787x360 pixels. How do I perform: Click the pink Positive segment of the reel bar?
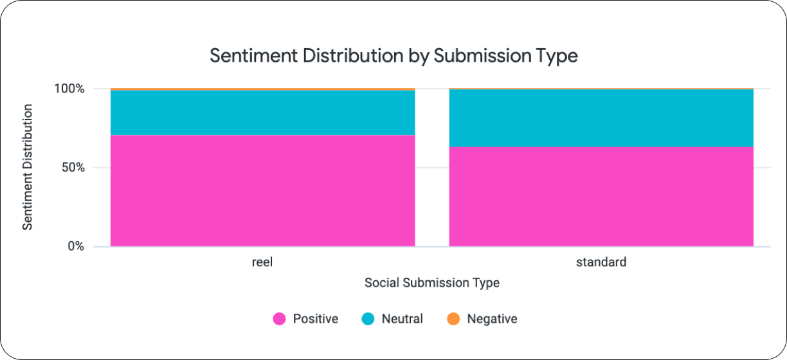tap(262, 190)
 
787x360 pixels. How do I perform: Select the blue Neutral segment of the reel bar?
tap(262, 113)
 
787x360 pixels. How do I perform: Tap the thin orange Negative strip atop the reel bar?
tap(262, 89)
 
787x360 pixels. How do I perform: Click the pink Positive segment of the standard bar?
tap(601, 196)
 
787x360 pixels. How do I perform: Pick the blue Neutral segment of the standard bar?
tap(601, 118)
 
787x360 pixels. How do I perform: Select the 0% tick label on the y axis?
tap(76, 247)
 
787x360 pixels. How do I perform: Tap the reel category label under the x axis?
tap(262, 262)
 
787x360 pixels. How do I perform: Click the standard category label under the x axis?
tap(601, 262)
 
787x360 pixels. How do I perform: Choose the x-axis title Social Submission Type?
tap(431, 283)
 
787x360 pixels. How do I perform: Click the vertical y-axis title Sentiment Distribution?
tap(28, 167)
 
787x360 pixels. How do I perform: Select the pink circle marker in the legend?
tap(279, 319)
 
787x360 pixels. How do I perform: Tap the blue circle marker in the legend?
tap(368, 319)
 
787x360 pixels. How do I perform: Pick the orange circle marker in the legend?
tap(453, 319)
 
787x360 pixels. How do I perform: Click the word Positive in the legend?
tap(315, 319)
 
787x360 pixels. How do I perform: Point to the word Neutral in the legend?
tap(402, 319)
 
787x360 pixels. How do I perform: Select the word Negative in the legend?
tap(492, 319)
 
